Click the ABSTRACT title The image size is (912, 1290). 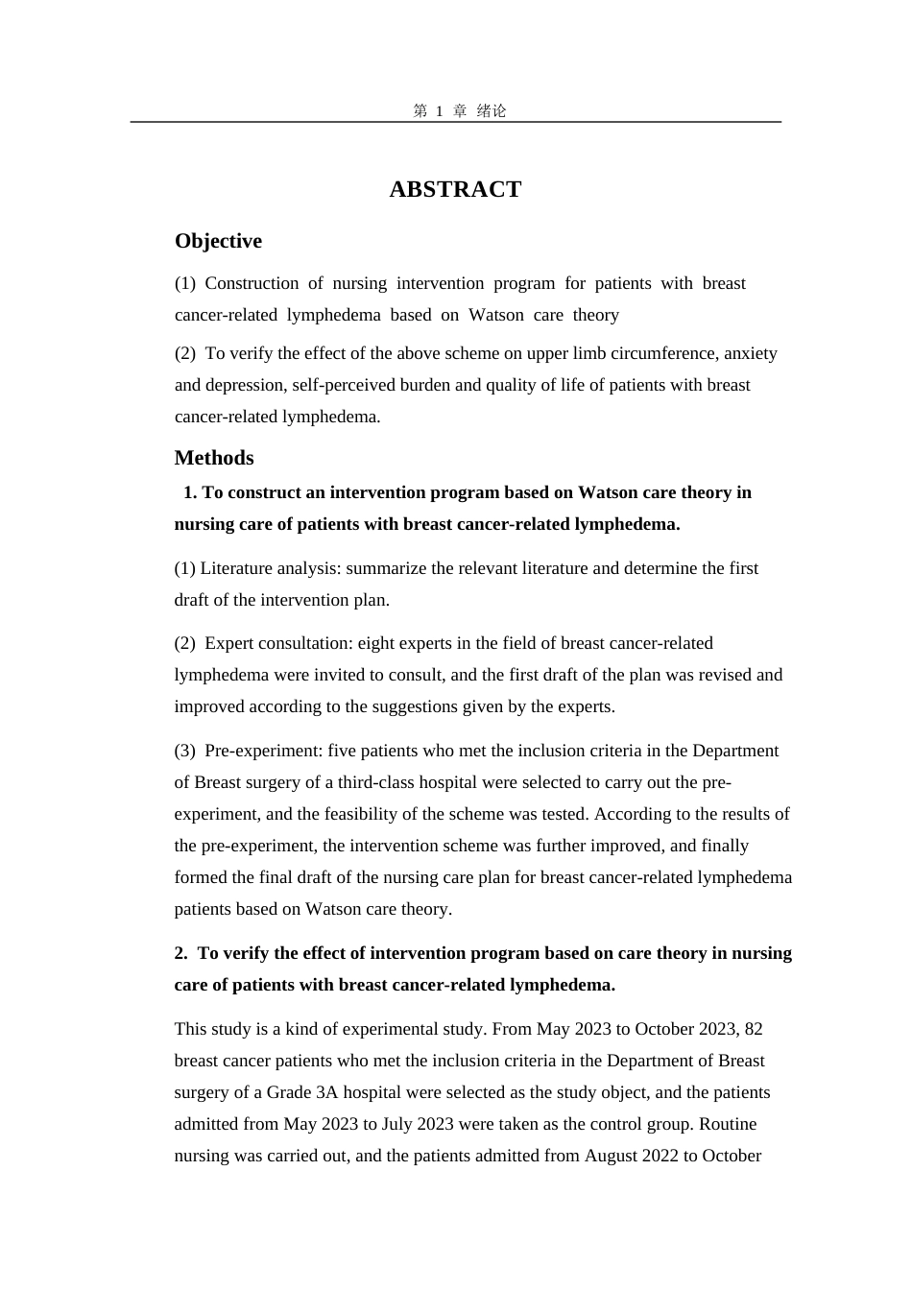[x=455, y=190]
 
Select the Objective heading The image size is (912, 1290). [x=218, y=241]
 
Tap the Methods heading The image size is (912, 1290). [x=214, y=458]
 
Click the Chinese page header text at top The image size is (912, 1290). [x=459, y=111]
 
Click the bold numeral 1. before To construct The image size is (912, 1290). [x=189, y=492]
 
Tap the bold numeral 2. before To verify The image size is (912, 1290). [x=181, y=953]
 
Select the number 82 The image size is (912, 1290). [x=754, y=1029]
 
